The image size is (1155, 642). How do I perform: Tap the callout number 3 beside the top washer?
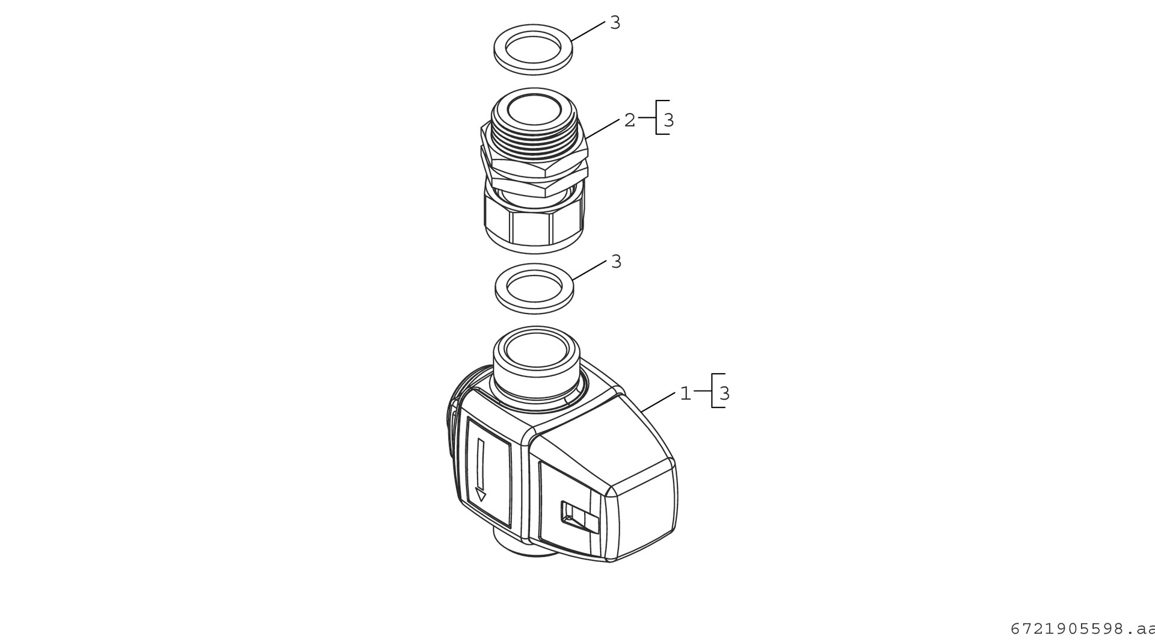[615, 23]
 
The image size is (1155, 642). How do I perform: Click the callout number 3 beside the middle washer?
[616, 262]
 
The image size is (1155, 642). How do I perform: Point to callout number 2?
[629, 120]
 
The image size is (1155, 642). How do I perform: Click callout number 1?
[685, 394]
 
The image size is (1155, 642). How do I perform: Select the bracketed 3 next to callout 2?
[668, 120]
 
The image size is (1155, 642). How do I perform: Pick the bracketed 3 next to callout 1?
[724, 394]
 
